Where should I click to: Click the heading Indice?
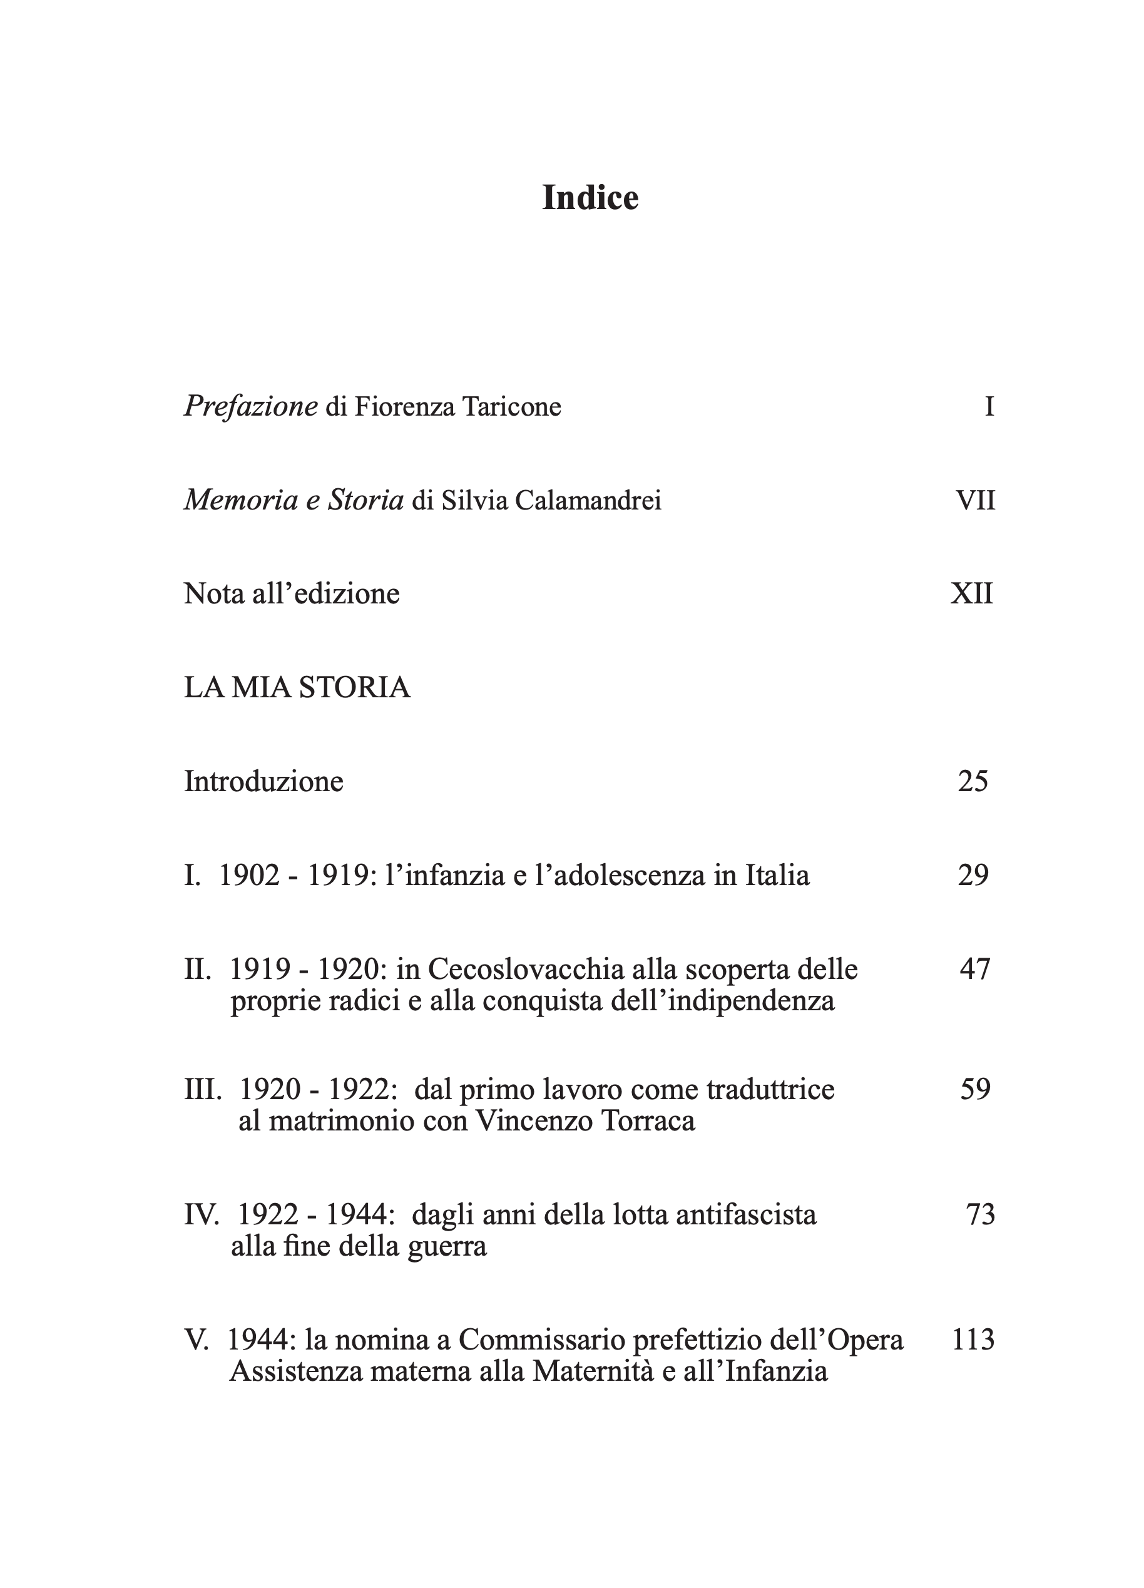(x=590, y=198)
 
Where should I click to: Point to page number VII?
(x=974, y=501)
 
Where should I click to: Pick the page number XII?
(x=972, y=594)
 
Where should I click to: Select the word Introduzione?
(x=263, y=781)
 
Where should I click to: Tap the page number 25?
(x=973, y=781)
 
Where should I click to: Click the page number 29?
(x=973, y=875)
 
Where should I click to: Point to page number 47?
(x=974, y=970)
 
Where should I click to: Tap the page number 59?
(x=974, y=1090)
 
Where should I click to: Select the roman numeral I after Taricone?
(x=989, y=407)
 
